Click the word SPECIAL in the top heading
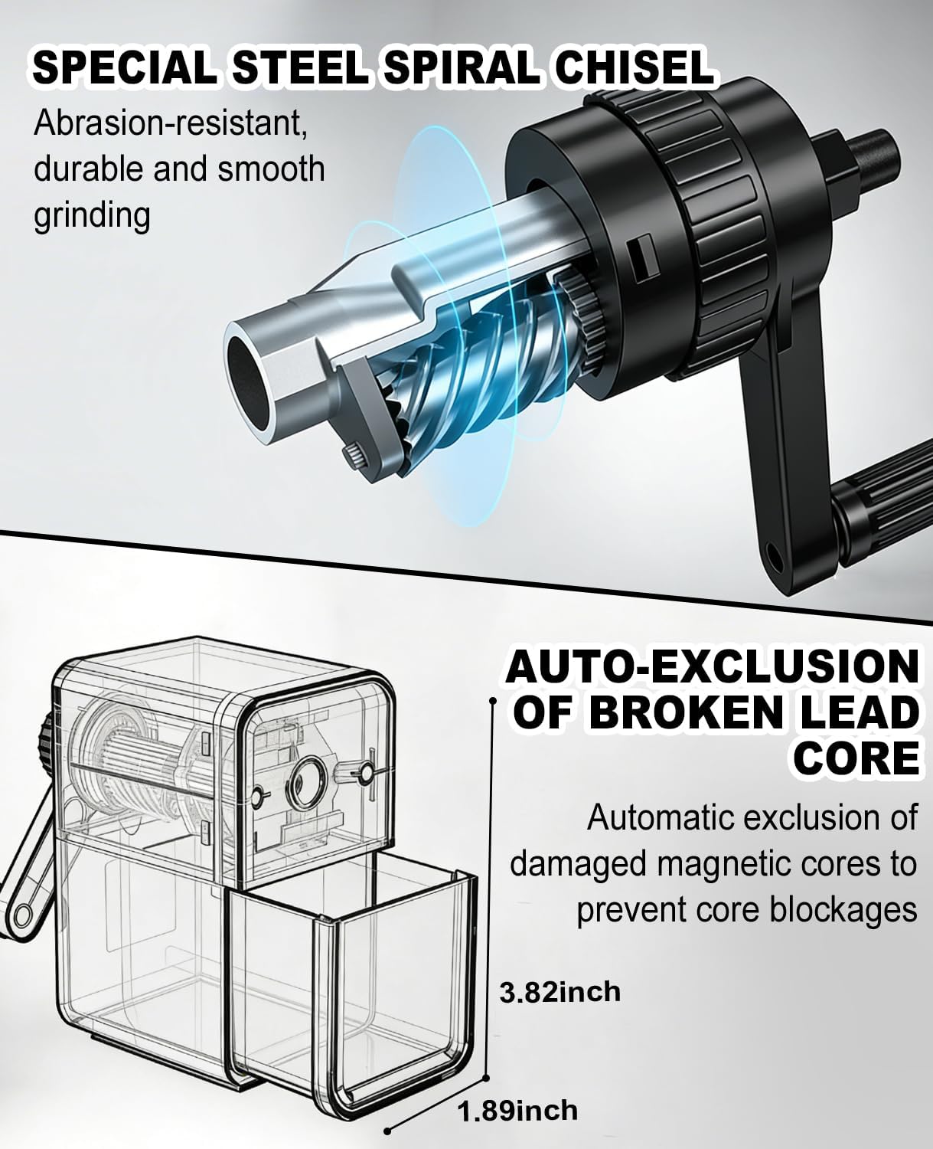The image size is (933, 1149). (125, 68)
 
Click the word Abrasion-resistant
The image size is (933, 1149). (170, 123)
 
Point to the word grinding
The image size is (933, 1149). (92, 216)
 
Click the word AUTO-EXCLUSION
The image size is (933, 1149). (712, 667)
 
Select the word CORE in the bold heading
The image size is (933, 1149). (856, 758)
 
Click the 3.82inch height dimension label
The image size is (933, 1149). (559, 992)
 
